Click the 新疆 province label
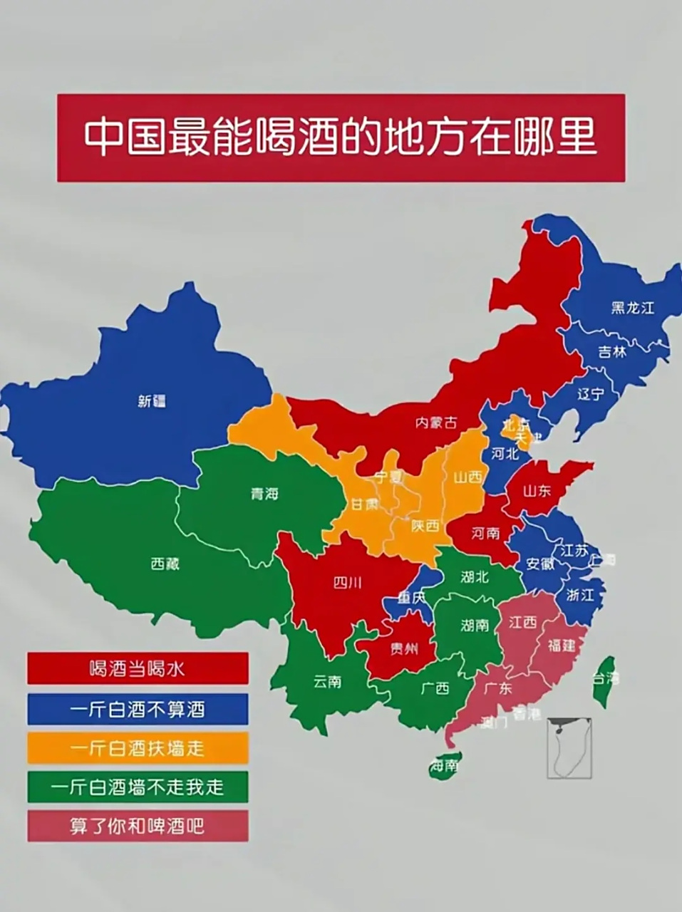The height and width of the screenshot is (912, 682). coord(151,401)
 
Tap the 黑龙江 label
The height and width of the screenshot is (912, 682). coord(631,308)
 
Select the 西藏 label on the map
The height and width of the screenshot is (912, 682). coord(165,564)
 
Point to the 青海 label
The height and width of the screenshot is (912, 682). coord(264,493)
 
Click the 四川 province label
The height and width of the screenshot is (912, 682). coord(347,583)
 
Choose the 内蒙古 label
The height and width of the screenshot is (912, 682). coord(436,423)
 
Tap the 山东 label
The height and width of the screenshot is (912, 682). coord(537,490)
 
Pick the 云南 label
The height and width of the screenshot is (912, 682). coord(327,681)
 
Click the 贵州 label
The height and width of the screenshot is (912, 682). coord(404,648)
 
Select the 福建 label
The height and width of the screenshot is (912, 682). coord(561,646)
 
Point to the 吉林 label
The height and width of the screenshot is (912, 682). coord(611,351)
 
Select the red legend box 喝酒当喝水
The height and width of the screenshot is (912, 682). coord(138,668)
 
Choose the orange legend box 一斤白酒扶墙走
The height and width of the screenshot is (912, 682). coord(138,748)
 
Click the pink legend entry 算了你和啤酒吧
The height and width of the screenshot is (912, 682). coord(138,826)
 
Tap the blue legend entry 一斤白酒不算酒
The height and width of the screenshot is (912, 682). coord(138,709)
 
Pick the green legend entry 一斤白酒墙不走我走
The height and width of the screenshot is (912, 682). coord(138,787)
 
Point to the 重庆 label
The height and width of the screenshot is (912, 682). coord(412,598)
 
